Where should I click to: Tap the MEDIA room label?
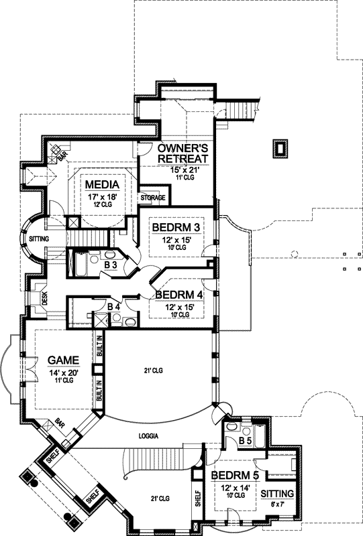tap(102, 185)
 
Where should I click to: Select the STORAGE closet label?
tap(152, 198)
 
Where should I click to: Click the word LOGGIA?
tap(149, 435)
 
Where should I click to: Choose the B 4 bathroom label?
tap(115, 307)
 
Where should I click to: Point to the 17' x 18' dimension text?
tap(102, 198)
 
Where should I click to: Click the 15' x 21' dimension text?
tap(182, 170)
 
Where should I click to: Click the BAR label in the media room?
tap(62, 158)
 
